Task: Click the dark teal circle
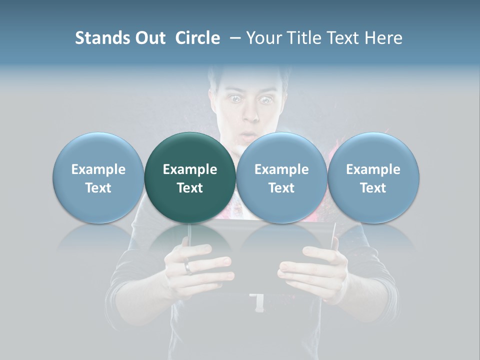click(x=190, y=178)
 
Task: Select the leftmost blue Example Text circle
click(x=98, y=178)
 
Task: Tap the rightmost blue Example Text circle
click(x=373, y=178)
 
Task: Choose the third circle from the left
click(x=281, y=178)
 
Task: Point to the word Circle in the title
click(x=197, y=38)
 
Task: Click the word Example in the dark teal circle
click(x=190, y=169)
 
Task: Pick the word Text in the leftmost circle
click(x=98, y=188)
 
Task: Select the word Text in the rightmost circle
click(x=373, y=188)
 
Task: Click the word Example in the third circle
click(x=281, y=169)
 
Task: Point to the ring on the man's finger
click(x=187, y=267)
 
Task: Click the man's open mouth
click(x=247, y=135)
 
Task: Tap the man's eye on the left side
click(x=234, y=99)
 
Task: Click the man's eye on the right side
click(x=264, y=99)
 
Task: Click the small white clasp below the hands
click(x=259, y=302)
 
